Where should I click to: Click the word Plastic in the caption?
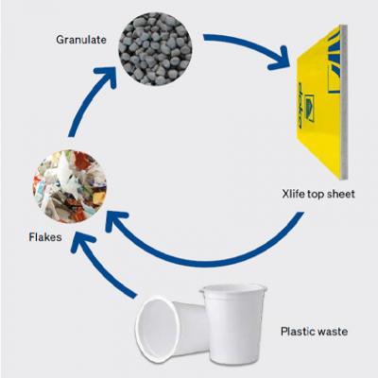(x=298, y=332)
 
